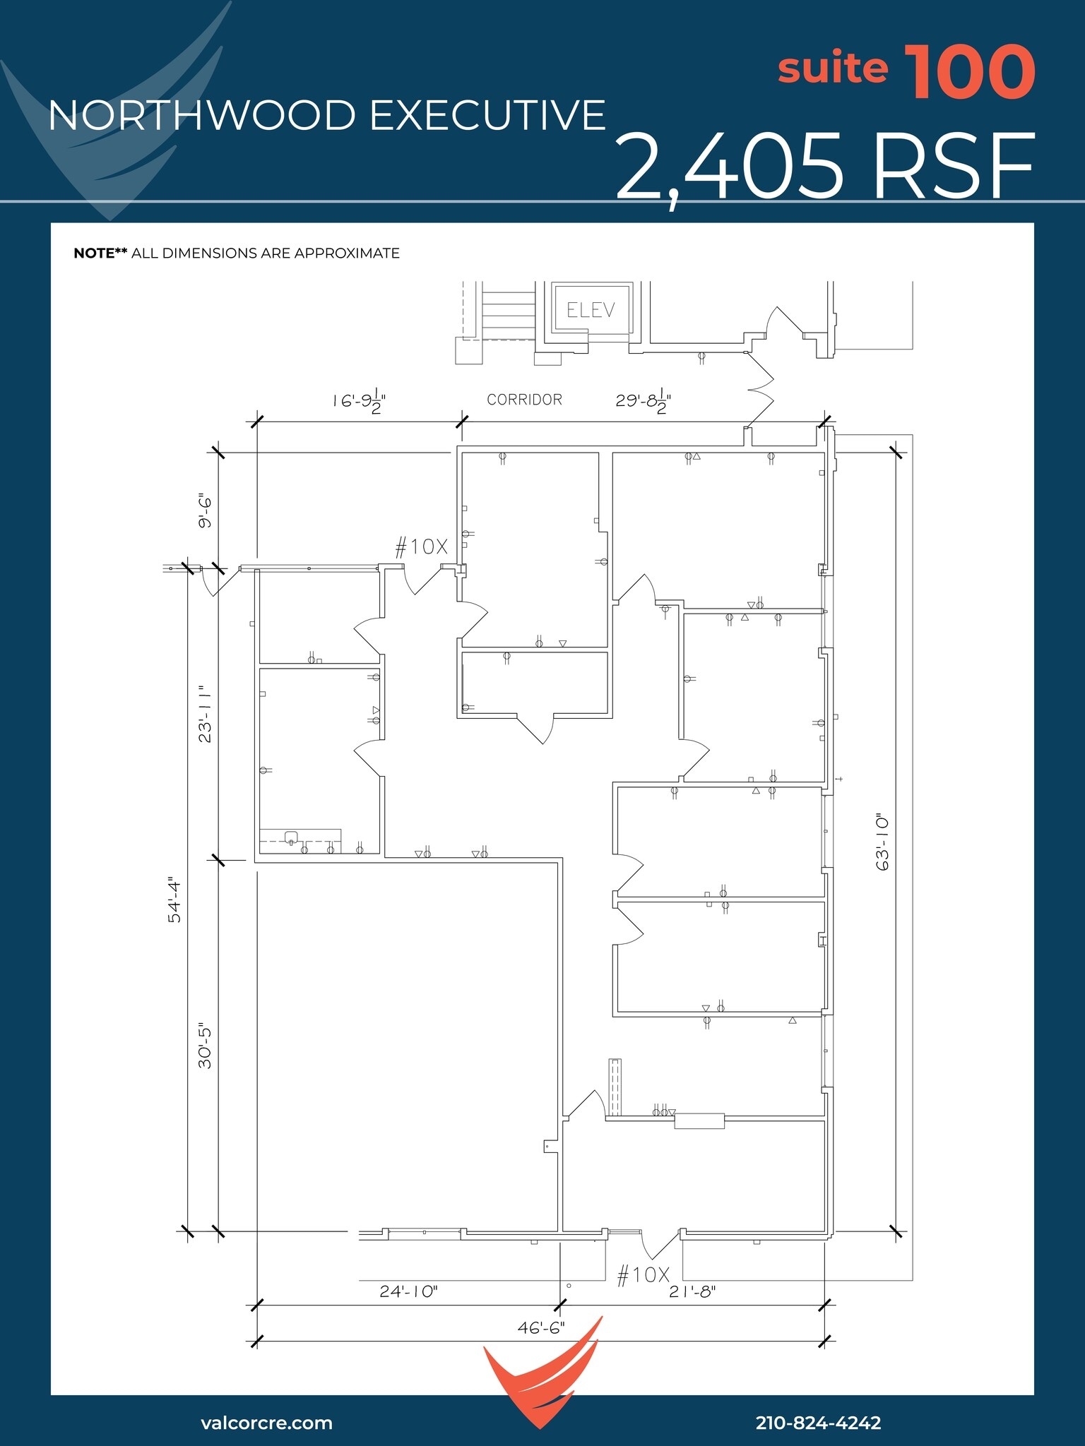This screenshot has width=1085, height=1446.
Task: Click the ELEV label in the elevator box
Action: point(591,310)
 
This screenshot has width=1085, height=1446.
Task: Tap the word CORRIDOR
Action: point(524,400)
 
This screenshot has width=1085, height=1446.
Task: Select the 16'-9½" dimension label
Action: point(360,400)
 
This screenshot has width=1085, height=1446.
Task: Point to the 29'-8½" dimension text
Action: point(643,400)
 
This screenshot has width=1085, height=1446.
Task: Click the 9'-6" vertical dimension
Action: point(205,511)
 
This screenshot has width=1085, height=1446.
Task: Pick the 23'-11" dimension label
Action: point(205,713)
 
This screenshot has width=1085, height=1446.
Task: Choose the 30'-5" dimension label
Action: point(205,1045)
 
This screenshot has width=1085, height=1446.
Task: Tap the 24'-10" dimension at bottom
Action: point(408,1291)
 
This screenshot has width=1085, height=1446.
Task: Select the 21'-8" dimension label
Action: point(692,1291)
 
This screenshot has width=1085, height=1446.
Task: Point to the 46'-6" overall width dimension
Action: point(541,1328)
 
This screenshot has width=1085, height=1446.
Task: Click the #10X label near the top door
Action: point(421,546)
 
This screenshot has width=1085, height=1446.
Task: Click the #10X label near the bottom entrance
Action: point(643,1275)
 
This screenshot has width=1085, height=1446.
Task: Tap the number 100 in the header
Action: point(969,72)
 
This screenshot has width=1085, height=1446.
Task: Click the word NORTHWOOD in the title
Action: point(202,116)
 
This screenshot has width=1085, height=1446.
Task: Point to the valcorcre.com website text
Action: point(266,1423)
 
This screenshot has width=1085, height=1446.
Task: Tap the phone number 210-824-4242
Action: point(818,1423)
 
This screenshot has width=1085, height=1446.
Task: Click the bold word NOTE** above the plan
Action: point(100,253)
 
